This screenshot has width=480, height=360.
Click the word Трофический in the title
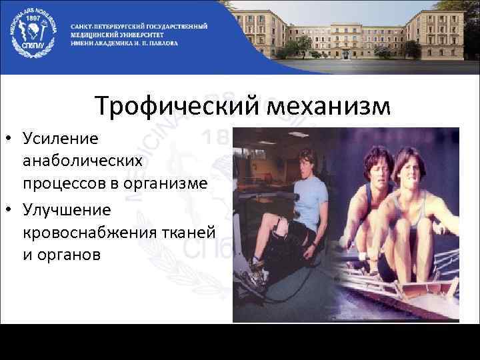point(174,106)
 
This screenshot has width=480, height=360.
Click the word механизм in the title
point(325,106)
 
